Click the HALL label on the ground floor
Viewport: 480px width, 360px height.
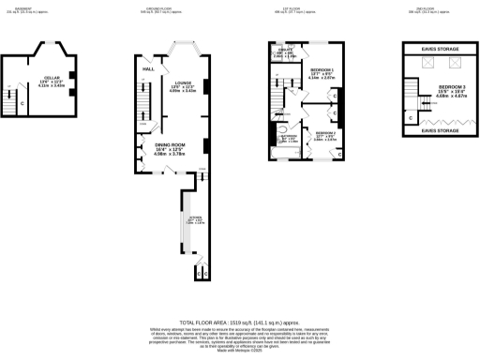click(148, 69)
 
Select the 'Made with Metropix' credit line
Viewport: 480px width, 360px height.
click(240, 349)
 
